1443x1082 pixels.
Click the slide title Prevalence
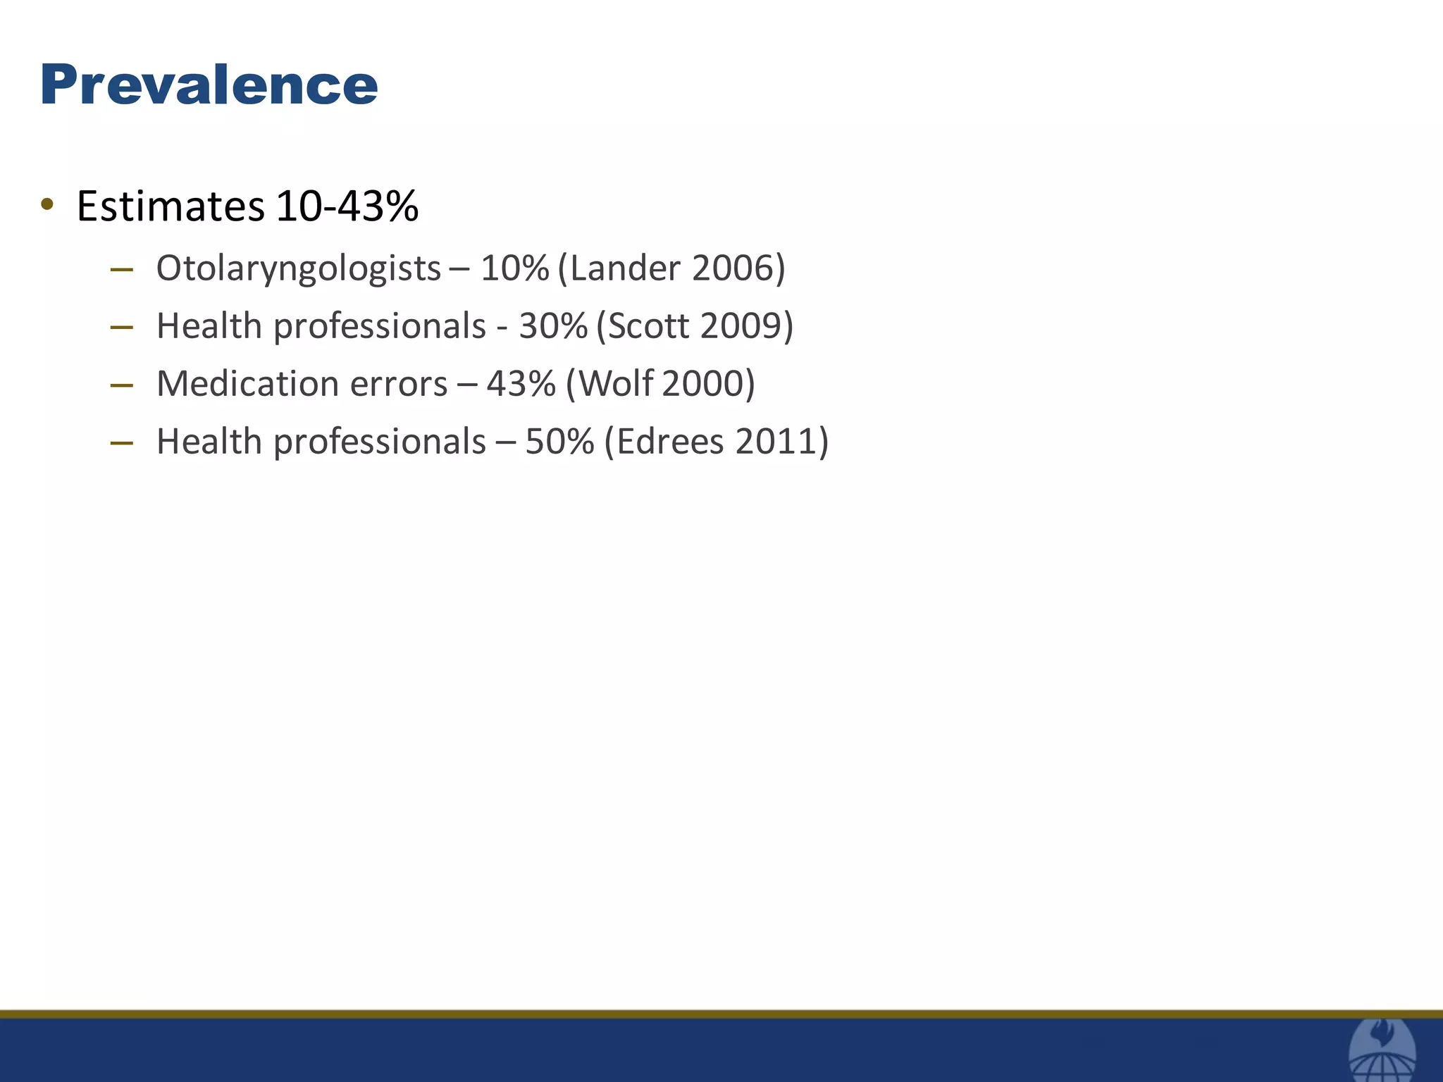[x=209, y=85]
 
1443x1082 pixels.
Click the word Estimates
[x=171, y=206]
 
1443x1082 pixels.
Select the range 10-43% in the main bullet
[x=347, y=206]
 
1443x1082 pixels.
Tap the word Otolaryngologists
[x=299, y=268]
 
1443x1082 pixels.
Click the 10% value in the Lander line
[x=514, y=268]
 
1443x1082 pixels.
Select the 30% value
[x=553, y=326]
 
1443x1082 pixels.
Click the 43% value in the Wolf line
[x=521, y=384]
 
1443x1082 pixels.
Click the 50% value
[x=559, y=442]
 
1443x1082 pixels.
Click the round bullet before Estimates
[x=47, y=205]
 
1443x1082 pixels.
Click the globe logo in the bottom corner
[x=1382, y=1052]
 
